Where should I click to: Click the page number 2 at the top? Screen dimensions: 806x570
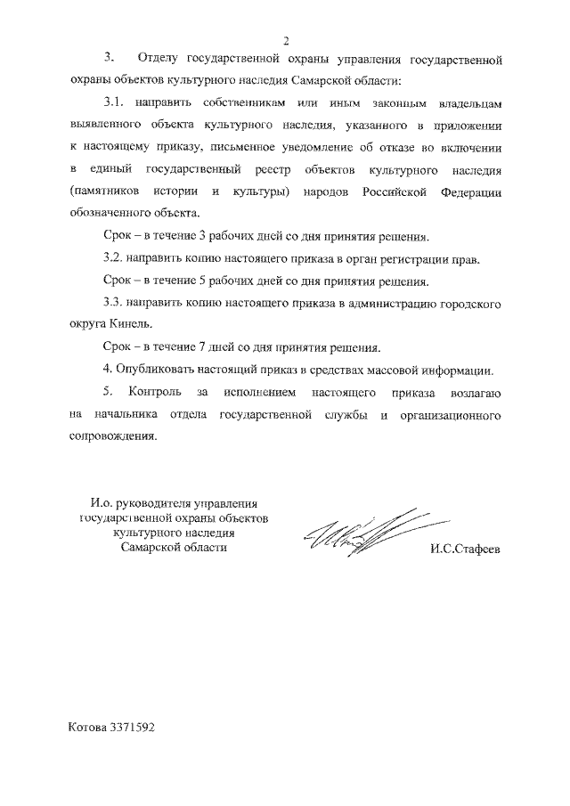[x=288, y=39]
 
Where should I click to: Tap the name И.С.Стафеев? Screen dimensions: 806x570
[x=464, y=548]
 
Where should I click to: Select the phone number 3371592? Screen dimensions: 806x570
[x=133, y=727]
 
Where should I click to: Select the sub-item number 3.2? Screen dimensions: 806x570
[x=114, y=260]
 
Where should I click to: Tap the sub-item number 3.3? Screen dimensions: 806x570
[x=114, y=304]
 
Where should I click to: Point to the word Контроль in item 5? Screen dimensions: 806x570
[x=157, y=392]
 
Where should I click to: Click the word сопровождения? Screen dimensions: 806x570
[x=112, y=436]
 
